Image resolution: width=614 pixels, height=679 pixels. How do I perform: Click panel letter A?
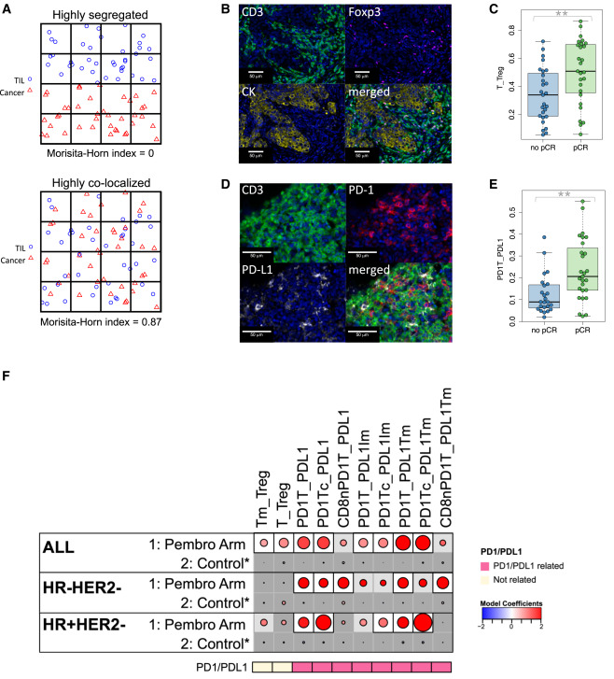pyautogui.click(x=8, y=7)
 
